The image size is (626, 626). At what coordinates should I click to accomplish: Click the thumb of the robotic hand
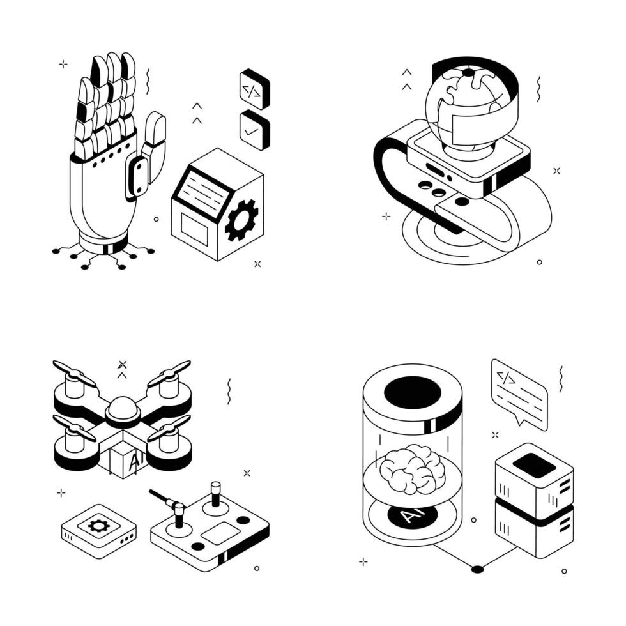[154, 148]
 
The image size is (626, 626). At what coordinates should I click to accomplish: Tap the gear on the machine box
[241, 220]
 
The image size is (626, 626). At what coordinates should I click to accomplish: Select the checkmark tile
[254, 130]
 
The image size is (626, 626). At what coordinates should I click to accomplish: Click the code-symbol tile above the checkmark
[254, 89]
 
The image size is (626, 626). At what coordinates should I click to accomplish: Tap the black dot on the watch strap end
[462, 202]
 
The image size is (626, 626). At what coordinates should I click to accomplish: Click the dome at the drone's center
[123, 409]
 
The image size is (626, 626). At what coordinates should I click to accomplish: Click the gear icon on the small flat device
[98, 525]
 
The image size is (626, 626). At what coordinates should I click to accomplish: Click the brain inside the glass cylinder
[413, 469]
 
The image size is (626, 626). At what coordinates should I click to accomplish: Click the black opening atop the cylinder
[413, 393]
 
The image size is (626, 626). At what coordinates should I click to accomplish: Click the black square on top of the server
[534, 465]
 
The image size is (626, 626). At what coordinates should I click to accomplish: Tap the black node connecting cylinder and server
[478, 569]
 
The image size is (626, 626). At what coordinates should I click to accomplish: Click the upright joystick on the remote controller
[216, 494]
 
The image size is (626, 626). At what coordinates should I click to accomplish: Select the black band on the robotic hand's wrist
[109, 248]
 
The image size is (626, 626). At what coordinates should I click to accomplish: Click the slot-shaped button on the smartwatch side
[435, 169]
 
